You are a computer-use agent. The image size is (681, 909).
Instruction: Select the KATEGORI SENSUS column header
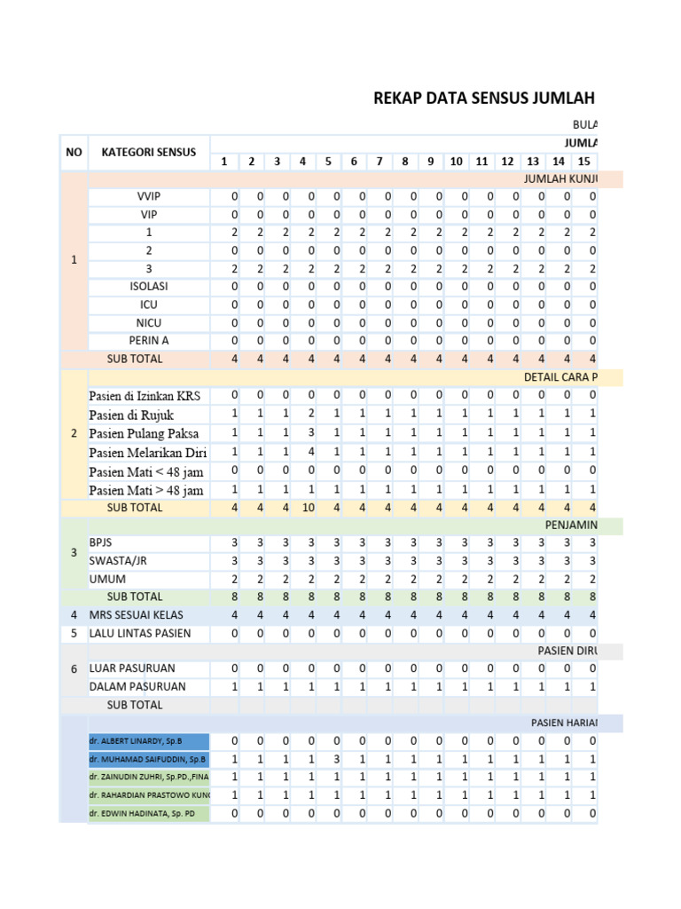(148, 152)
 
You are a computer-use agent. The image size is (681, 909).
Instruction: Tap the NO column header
(74, 152)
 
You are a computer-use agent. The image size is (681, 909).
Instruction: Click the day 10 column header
(456, 162)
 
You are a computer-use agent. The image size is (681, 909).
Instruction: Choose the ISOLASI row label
(148, 287)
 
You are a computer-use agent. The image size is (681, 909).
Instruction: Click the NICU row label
(148, 323)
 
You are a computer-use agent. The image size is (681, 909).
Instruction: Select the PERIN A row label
(148, 341)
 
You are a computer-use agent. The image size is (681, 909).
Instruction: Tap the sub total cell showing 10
(302, 508)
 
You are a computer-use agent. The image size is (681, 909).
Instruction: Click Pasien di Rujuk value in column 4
(303, 415)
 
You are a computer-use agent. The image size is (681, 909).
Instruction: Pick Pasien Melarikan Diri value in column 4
(303, 452)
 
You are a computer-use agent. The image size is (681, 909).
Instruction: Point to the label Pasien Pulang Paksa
(144, 434)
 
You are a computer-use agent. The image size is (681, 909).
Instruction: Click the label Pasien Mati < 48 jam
(146, 471)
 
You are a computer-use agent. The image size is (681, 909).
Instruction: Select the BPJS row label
(101, 543)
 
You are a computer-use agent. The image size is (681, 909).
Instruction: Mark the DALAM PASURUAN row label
(137, 687)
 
